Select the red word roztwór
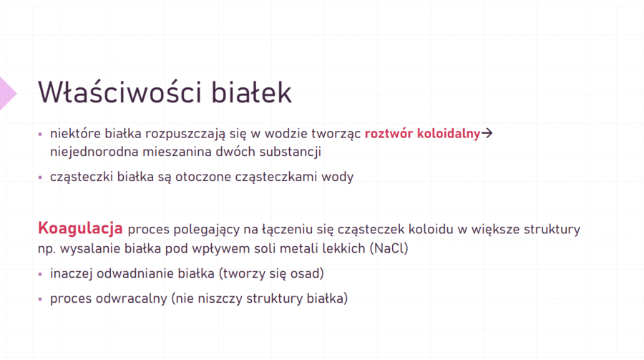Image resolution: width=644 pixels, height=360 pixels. pyautogui.click(x=389, y=133)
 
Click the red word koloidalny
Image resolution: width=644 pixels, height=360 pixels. pyautogui.click(x=449, y=133)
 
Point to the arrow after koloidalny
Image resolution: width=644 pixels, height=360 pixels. pyautogui.click(x=489, y=134)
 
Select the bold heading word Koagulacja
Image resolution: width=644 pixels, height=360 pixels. pyautogui.click(x=81, y=229)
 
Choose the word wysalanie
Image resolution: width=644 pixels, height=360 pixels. pyautogui.click(x=87, y=248)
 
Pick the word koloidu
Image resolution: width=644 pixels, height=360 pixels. pyautogui.click(x=431, y=230)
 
